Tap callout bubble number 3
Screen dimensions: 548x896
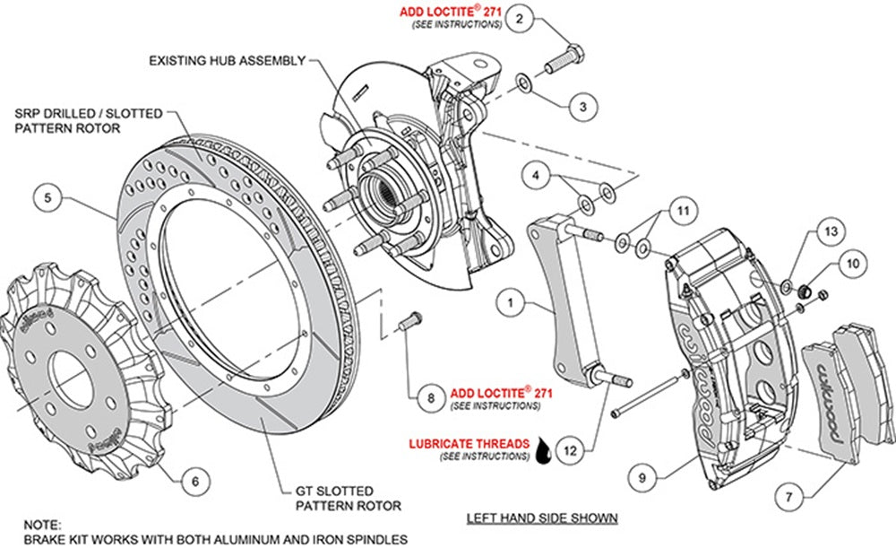582,108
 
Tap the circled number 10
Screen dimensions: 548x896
852,264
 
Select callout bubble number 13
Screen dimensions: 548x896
831,232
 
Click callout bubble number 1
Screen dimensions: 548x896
510,303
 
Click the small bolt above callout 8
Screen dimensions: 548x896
412,318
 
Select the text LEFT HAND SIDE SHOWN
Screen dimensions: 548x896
542,518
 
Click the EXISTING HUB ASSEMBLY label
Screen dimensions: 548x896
228,62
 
